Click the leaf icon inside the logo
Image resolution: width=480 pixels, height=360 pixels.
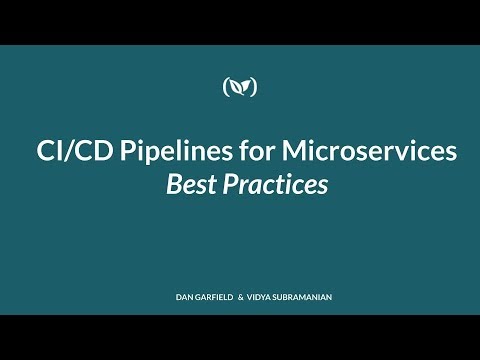coord(240,87)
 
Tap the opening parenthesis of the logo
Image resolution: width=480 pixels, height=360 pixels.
coord(226,87)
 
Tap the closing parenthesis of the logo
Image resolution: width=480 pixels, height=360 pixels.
coord(254,87)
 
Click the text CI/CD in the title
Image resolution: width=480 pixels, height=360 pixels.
coord(60,152)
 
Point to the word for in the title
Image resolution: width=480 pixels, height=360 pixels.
coord(224,152)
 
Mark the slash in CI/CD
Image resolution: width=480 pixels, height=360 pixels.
coord(61,152)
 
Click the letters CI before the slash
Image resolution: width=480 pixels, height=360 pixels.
coord(44,152)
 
